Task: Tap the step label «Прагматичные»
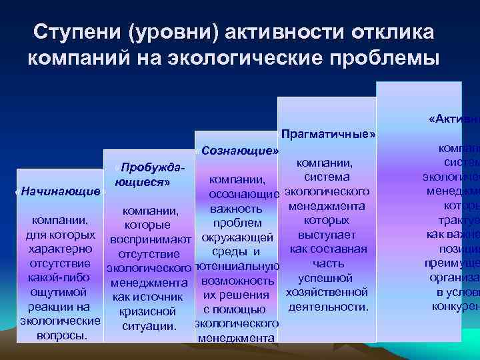(x=327, y=134)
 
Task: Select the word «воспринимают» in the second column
(x=151, y=239)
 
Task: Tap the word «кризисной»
(x=147, y=311)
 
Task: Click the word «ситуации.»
(x=149, y=325)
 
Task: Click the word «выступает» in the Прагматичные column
(x=327, y=235)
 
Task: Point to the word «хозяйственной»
(x=327, y=292)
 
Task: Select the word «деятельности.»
(x=328, y=307)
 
